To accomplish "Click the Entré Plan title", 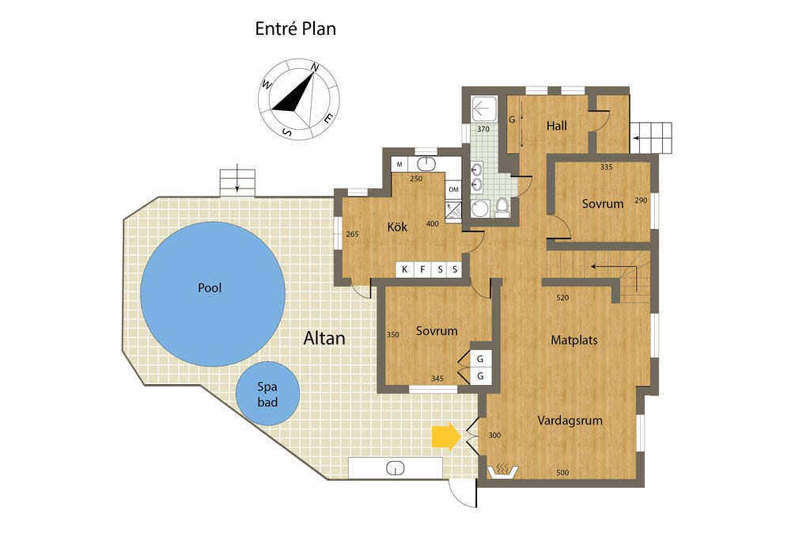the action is point(296,29).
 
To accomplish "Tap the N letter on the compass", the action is point(315,67).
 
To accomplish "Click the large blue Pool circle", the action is point(212,294).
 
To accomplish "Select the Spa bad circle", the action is point(267,394).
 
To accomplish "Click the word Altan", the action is point(324,338).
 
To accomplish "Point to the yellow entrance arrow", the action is point(446,436).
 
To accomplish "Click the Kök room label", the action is point(397,227).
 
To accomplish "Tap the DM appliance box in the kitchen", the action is point(453,189).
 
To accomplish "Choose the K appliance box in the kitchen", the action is point(404,269).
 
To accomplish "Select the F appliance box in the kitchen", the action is point(422,269).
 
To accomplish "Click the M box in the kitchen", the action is point(399,165).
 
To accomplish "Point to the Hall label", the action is point(557,126).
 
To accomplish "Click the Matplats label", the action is point(574,341).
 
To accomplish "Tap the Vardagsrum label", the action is point(570,421).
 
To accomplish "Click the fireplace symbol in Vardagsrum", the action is point(502,471).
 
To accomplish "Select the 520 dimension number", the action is point(562,297).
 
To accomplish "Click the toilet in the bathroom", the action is point(502,207).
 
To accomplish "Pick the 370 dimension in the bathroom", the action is point(483,129).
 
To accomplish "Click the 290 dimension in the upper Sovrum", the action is point(641,200).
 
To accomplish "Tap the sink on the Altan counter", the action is point(396,469).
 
